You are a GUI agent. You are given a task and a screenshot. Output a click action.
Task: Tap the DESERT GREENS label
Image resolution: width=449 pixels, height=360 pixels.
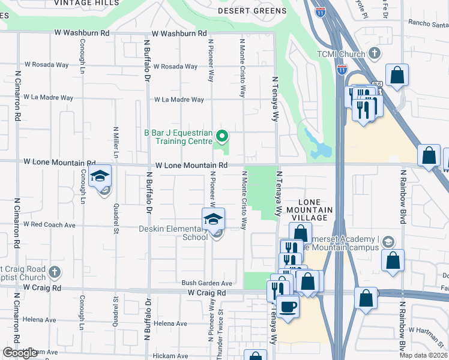(x=252, y=11)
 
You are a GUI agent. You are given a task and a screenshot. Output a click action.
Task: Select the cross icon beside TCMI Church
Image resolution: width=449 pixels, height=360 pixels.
(x=375, y=54)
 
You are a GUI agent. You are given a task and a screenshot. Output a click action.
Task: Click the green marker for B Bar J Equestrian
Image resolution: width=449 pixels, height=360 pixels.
(x=222, y=137)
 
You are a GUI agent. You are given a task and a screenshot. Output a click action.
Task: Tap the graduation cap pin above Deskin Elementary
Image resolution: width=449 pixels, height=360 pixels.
(x=213, y=220)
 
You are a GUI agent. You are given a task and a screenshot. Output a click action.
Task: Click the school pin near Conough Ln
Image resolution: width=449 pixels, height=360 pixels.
(x=100, y=176)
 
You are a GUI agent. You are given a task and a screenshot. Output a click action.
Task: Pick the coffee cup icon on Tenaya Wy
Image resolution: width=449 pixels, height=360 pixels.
(x=288, y=305)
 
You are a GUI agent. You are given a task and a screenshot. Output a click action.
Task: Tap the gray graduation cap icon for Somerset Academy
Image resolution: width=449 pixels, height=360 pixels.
(x=388, y=242)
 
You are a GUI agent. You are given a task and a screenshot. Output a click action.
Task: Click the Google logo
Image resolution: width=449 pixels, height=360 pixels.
(x=20, y=353)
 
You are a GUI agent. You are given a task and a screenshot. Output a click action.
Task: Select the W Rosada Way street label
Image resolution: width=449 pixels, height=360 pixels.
(x=175, y=67)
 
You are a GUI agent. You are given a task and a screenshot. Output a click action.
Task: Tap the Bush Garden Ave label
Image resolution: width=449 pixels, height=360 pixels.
(x=207, y=283)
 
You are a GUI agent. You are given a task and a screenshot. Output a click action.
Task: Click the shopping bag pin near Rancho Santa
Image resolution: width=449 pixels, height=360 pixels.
(x=397, y=76)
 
